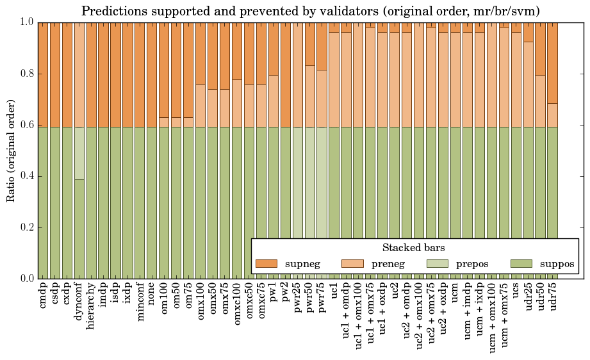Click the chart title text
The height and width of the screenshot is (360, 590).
pyautogui.click(x=311, y=11)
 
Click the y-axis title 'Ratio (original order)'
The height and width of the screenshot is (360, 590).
pyautogui.click(x=11, y=150)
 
